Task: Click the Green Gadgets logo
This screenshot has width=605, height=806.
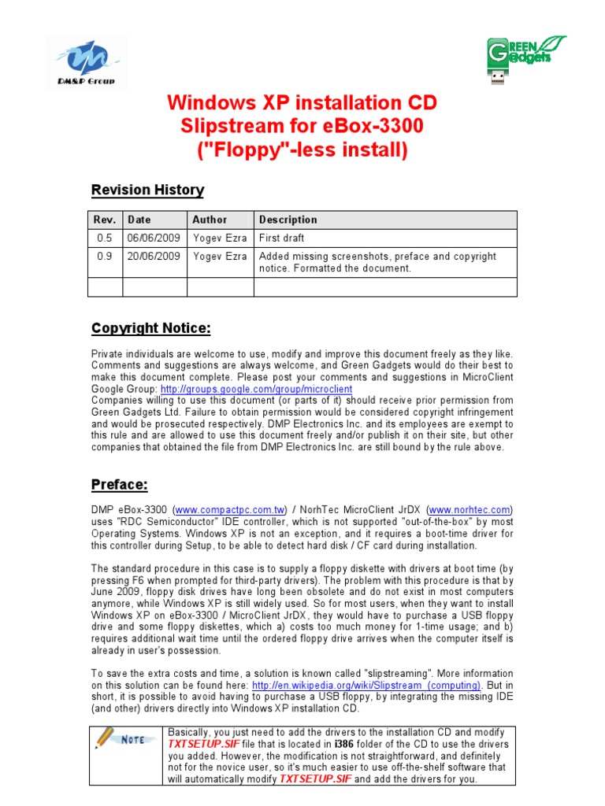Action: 525,58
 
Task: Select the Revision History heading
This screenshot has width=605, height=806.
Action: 147,190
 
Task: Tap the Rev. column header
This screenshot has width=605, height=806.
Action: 105,220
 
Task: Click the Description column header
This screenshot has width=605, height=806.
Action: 288,220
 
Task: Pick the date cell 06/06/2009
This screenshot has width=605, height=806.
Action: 154,238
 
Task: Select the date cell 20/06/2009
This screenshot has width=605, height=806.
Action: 154,257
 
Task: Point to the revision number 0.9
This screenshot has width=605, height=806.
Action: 104,257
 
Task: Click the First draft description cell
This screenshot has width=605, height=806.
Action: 282,238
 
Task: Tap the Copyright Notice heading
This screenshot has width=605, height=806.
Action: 150,328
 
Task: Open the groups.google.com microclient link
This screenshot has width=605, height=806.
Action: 256,390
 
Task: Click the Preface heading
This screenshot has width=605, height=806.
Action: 119,484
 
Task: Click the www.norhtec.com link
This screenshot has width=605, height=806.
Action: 470,510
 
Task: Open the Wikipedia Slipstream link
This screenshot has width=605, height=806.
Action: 366,686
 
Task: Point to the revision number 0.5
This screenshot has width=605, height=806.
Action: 104,238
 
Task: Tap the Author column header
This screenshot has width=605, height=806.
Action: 210,220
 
